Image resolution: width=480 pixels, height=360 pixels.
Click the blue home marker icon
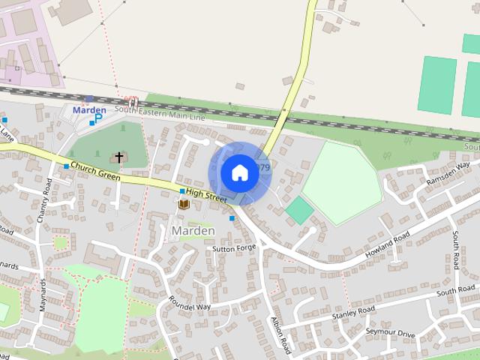tap(239, 172)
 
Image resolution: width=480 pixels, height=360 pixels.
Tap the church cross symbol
tap(118, 157)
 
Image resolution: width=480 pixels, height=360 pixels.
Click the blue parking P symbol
tap(99, 118)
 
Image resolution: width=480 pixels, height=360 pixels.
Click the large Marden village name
tap(193, 230)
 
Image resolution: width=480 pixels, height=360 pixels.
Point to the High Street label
tap(206, 196)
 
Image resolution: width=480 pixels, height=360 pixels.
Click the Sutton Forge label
tap(234, 248)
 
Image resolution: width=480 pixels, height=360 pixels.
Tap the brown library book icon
tap(183, 203)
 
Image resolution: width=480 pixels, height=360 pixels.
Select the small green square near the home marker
tap(299, 210)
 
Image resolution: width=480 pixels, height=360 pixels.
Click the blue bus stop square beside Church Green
tap(67, 166)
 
